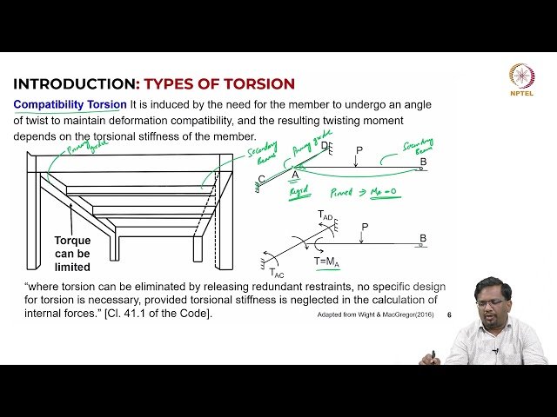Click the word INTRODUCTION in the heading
(x=75, y=84)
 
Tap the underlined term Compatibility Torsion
(x=70, y=104)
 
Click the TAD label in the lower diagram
(x=325, y=215)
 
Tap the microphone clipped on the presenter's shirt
(x=496, y=350)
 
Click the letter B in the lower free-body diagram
(x=423, y=238)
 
